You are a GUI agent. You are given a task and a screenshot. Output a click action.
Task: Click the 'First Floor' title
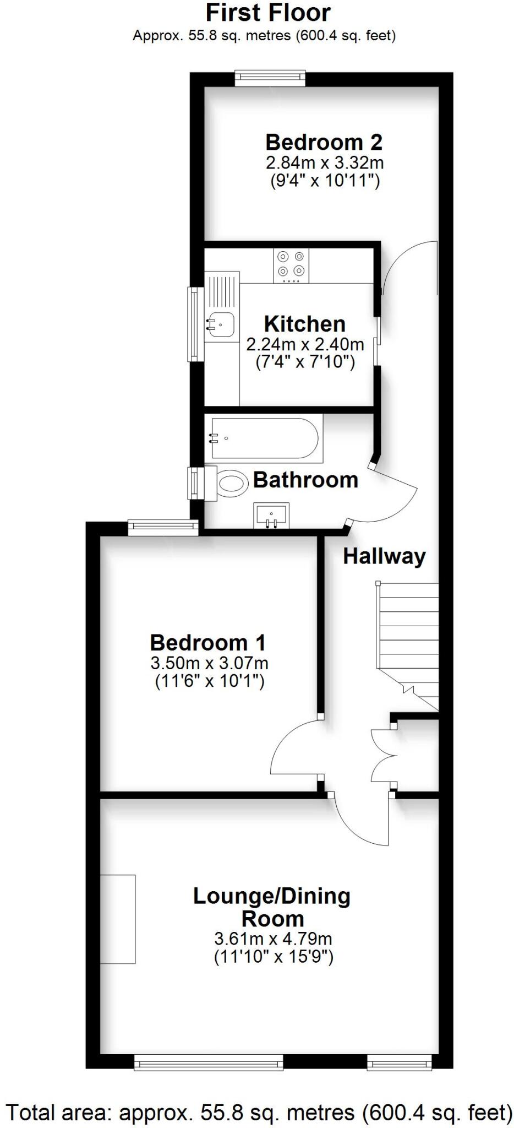(x=268, y=13)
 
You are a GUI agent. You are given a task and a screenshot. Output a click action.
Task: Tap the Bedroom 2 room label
(x=324, y=142)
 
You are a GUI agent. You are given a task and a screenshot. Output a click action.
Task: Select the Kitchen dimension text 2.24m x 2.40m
(x=305, y=345)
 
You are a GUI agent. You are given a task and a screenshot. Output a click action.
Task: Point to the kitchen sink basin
(x=221, y=322)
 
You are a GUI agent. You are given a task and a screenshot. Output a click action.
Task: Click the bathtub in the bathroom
(x=264, y=438)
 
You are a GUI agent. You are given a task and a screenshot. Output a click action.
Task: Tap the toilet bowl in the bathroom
(x=232, y=482)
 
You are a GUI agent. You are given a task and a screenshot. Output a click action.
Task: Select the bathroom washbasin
(x=271, y=515)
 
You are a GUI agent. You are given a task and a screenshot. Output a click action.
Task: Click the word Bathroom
(x=305, y=480)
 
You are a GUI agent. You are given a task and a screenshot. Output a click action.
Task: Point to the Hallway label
(x=384, y=556)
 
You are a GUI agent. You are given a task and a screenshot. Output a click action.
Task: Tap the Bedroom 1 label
(x=207, y=643)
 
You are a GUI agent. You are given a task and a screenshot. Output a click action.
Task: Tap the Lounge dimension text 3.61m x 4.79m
(x=273, y=939)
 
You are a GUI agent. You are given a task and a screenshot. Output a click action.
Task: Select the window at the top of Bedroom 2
(x=270, y=78)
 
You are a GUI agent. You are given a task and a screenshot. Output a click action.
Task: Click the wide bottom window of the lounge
(x=209, y=1062)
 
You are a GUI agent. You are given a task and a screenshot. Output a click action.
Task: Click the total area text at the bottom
(x=257, y=1113)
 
